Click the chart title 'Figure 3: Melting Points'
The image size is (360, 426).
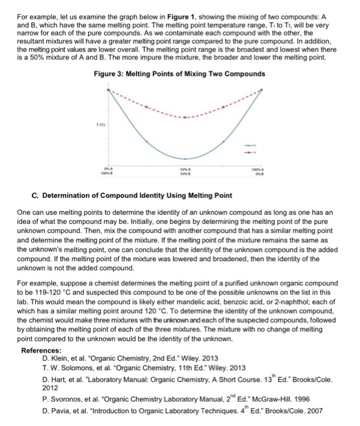[x=180, y=74]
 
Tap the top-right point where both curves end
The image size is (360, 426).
[x=264, y=89]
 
